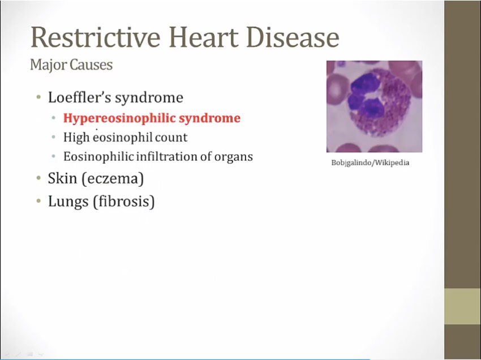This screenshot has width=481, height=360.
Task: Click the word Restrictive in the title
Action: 96,37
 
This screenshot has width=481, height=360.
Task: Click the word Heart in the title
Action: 204,37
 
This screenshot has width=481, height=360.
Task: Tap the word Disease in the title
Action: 293,37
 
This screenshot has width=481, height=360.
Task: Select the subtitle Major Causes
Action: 71,65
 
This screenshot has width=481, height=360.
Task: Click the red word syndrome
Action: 209,118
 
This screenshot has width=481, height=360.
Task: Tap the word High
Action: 76,137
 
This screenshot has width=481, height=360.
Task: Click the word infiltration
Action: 166,156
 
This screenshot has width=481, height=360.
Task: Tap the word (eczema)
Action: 113,179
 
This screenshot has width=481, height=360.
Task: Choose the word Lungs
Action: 68,202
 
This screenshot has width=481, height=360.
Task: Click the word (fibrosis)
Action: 123,202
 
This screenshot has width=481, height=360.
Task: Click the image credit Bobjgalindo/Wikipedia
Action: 370,162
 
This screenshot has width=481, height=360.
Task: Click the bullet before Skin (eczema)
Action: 38,178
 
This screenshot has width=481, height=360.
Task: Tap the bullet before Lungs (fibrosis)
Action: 38,202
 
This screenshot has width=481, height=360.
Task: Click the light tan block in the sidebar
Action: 462,306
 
